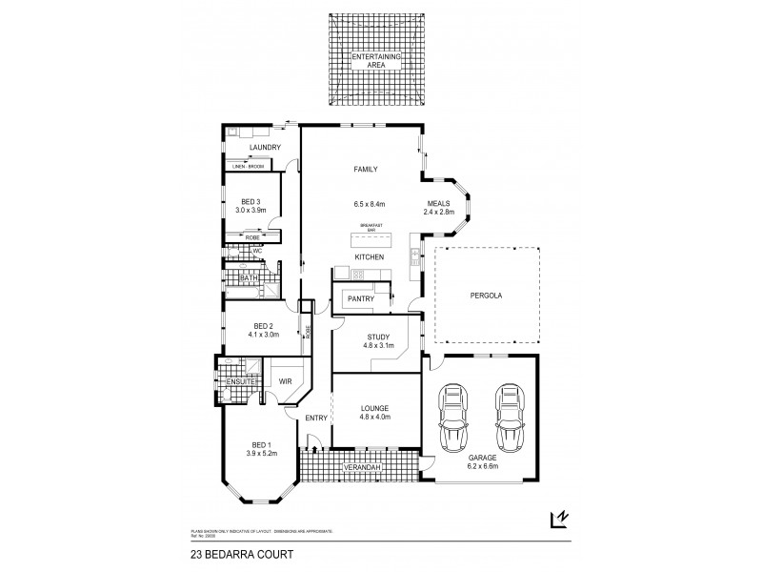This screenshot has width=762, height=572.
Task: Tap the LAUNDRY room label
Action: [x=264, y=148]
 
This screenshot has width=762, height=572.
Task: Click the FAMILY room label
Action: [x=366, y=170]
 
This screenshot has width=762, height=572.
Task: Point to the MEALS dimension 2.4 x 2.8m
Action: [x=439, y=212]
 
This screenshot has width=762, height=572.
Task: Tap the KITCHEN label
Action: [x=370, y=257]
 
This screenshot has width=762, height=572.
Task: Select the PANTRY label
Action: [x=360, y=298]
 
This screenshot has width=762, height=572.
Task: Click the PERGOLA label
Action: [x=485, y=296]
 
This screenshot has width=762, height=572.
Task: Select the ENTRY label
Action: [x=316, y=419]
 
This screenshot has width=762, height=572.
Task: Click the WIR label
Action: [x=285, y=381]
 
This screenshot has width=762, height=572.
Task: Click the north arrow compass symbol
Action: [x=560, y=519]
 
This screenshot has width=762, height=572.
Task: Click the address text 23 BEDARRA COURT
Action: [x=229, y=552]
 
